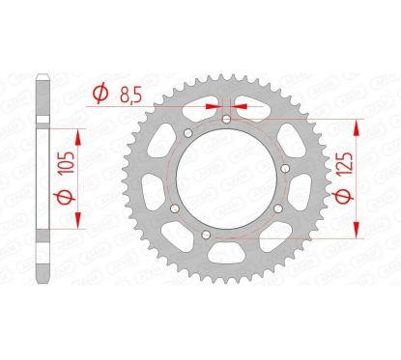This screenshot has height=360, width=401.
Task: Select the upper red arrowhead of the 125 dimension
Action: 359,125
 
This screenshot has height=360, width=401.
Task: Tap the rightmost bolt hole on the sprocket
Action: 279,209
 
